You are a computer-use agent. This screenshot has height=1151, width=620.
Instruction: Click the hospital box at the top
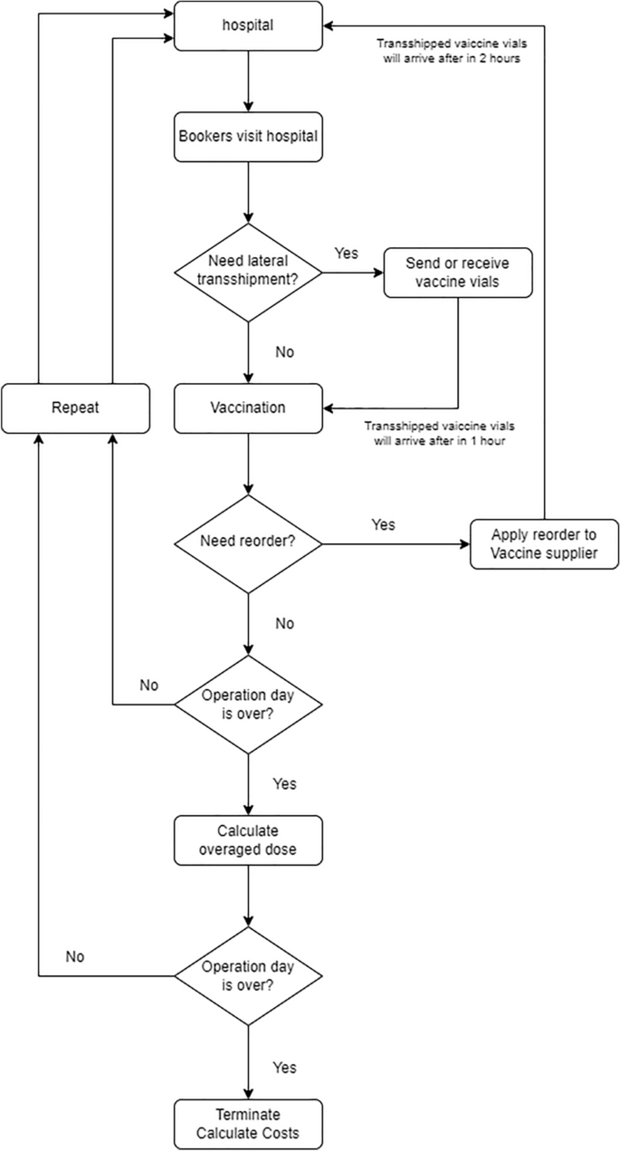(248, 25)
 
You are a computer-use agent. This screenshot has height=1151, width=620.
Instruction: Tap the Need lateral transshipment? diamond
(248, 273)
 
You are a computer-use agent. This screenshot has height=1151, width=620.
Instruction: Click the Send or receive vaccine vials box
(457, 273)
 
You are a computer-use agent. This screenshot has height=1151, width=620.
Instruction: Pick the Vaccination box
(248, 408)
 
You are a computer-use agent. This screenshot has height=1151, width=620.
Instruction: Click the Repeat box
(75, 408)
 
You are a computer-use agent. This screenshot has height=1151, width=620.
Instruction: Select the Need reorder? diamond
(248, 543)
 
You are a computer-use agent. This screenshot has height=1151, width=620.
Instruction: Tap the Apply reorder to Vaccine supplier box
(545, 543)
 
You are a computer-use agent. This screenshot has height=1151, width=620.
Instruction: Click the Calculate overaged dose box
(248, 839)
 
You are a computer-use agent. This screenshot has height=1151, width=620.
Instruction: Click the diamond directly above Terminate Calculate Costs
(248, 975)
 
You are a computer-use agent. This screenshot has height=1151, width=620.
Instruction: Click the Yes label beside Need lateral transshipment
(347, 253)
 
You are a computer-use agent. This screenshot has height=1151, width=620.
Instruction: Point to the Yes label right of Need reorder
(383, 524)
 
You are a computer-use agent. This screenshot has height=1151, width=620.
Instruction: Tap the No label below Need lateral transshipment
(284, 351)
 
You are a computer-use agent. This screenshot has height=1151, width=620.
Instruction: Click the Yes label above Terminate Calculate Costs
(284, 1069)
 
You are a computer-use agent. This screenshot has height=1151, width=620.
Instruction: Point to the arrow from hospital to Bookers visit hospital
(248, 82)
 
